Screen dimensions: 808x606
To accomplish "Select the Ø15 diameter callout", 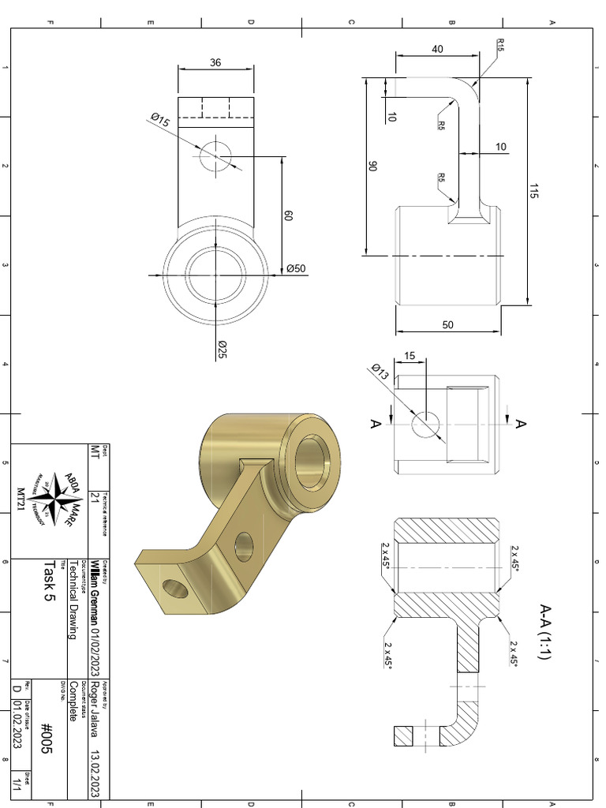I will [x=160, y=121].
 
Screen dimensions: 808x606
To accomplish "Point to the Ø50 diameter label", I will [x=296, y=268].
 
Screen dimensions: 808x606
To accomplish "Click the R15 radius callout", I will [x=500, y=45].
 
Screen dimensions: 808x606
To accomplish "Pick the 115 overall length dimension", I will [x=534, y=190].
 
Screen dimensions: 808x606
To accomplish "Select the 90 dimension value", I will [x=372, y=167].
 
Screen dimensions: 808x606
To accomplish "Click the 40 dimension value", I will [x=437, y=49].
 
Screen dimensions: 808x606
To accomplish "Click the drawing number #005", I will [x=46, y=739].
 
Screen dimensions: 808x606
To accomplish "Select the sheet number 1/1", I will [x=16, y=784].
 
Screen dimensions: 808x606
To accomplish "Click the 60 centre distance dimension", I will [x=289, y=215].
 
